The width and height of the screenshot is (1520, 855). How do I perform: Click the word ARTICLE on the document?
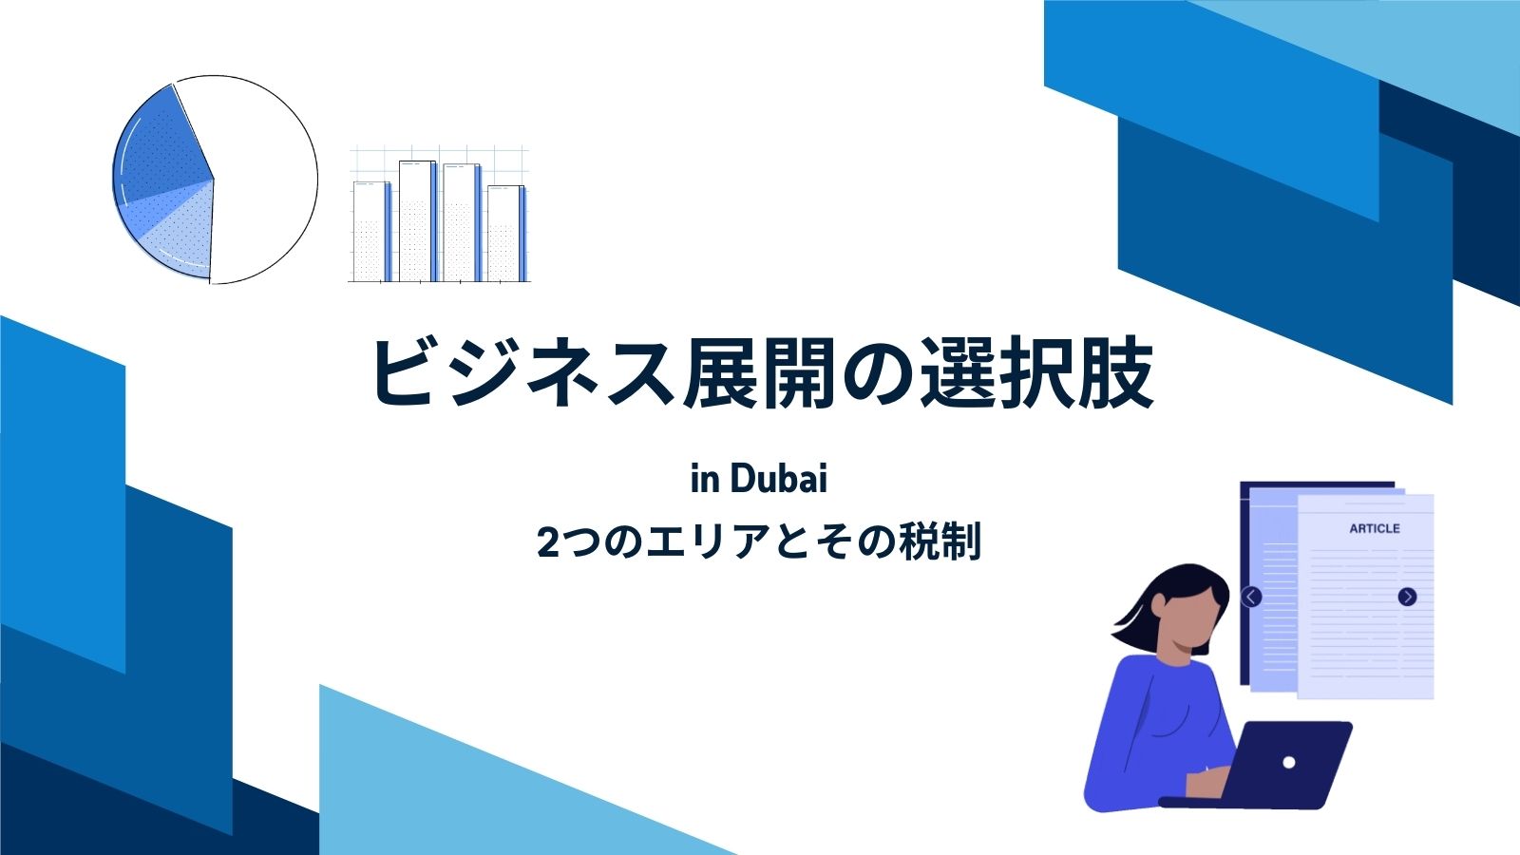click(1374, 528)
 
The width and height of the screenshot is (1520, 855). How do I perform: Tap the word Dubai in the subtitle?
click(779, 480)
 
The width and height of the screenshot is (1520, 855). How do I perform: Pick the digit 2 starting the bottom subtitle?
click(547, 542)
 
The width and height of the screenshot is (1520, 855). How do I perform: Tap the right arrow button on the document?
click(1407, 597)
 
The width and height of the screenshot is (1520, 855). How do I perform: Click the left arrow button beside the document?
click(1251, 598)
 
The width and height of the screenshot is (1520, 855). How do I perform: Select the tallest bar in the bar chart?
click(418, 221)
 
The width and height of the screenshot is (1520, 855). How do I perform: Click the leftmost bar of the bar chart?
click(371, 232)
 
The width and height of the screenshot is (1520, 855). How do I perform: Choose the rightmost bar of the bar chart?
click(506, 234)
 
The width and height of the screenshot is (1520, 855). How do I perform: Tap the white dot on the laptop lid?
click(1288, 763)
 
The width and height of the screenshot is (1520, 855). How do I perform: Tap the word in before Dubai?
click(705, 480)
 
